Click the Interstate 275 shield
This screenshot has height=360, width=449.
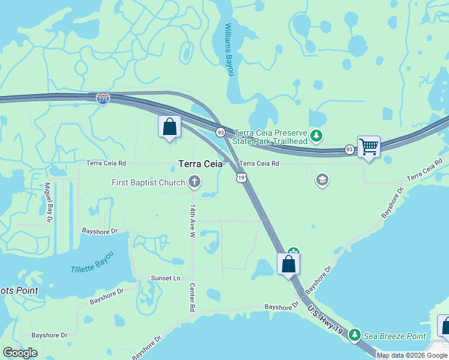pos(103,98)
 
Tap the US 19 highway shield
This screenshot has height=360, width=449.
pos(241,177)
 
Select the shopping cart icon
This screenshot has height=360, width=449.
pos(369,146)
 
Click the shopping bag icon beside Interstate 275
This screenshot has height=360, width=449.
pos(169,127)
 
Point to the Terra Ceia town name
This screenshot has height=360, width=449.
pos(200,163)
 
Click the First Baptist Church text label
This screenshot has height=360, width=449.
pos(148,182)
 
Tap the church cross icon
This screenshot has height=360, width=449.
pos(194,181)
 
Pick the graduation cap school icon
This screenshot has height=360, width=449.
pos(322,179)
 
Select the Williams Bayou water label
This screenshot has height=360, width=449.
pos(228,50)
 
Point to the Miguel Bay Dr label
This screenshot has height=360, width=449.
pos(47,203)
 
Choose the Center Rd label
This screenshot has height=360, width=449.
pos(193,297)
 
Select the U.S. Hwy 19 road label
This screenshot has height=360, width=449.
pos(325,321)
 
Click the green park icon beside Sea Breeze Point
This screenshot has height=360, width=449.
pos(355,334)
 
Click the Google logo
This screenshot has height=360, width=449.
pos(20,352)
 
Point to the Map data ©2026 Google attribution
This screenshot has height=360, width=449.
pos(412,355)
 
